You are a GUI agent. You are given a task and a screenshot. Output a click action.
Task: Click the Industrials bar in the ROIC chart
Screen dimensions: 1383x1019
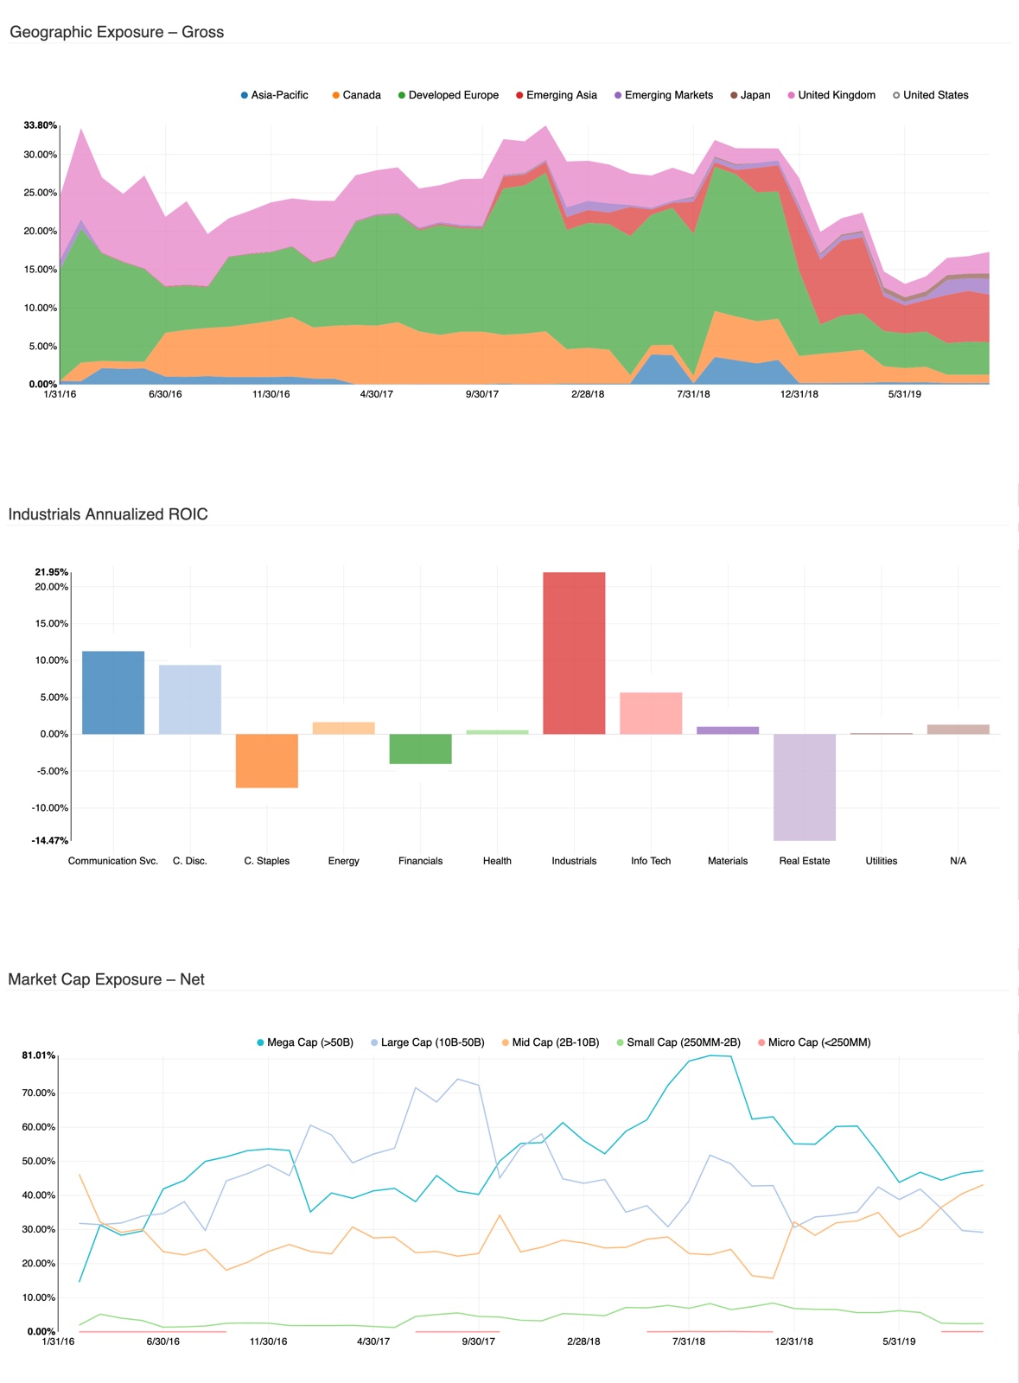pyautogui.click(x=574, y=653)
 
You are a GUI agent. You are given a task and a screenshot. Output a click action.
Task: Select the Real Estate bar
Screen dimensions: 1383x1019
pyautogui.click(x=804, y=787)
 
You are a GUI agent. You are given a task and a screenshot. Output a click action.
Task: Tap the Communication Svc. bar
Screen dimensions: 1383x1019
pyautogui.click(x=113, y=692)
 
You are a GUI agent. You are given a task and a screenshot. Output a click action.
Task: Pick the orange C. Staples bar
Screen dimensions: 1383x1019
pyautogui.click(x=267, y=761)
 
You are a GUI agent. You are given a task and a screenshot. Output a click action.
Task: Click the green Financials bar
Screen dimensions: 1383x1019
pyautogui.click(x=420, y=749)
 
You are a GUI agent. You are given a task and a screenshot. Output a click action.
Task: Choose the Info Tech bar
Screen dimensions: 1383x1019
pyautogui.click(x=651, y=713)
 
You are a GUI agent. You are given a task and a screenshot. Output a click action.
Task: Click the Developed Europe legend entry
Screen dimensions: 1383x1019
pyautogui.click(x=449, y=95)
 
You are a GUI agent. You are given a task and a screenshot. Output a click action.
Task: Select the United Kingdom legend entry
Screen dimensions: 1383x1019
pyautogui.click(x=831, y=95)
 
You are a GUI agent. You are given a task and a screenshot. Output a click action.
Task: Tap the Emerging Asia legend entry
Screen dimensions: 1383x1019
pyautogui.click(x=557, y=95)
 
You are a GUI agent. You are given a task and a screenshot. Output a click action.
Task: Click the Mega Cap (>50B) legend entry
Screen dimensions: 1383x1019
pyautogui.click(x=305, y=1042)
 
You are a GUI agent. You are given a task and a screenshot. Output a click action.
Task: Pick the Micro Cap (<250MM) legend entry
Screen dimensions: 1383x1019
pyautogui.click(x=814, y=1042)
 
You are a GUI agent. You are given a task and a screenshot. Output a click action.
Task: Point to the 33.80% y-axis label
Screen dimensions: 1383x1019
pyautogui.click(x=41, y=125)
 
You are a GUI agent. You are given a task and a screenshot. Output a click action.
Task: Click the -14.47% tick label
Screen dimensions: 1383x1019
pyautogui.click(x=50, y=840)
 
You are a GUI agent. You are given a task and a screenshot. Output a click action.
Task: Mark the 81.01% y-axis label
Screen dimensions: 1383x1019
pyautogui.click(x=39, y=1055)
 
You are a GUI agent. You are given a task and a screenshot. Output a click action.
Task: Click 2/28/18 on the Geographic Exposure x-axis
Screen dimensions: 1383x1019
pyautogui.click(x=588, y=394)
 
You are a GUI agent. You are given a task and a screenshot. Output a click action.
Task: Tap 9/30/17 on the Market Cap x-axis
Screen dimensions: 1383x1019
pyautogui.click(x=478, y=1342)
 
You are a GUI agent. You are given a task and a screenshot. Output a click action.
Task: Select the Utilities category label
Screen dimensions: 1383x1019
pyautogui.click(x=881, y=861)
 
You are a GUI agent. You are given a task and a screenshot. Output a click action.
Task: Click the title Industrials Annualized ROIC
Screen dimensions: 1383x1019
pyautogui.click(x=108, y=514)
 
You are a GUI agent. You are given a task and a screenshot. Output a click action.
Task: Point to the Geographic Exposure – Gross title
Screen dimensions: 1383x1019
pyautogui.click(x=117, y=32)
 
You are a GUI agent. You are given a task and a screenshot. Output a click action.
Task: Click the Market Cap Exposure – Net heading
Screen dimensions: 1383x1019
pyautogui.click(x=106, y=979)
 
